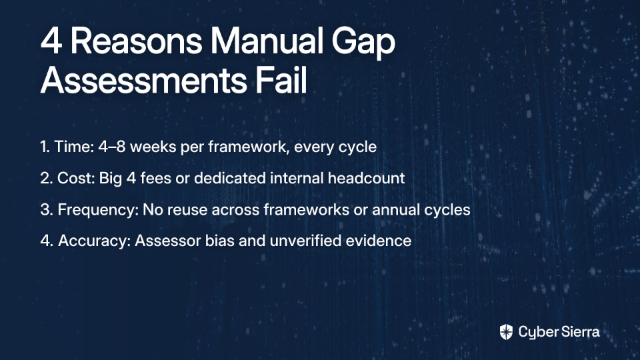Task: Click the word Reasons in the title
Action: pos(136,41)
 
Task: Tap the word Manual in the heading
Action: pos(267,41)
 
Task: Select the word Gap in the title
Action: pos(363,44)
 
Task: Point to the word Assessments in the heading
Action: pos(144,80)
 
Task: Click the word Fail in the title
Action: pos(281,80)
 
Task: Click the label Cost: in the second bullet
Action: pos(76,178)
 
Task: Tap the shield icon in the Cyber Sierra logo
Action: pos(506,332)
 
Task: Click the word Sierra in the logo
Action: pos(579,331)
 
